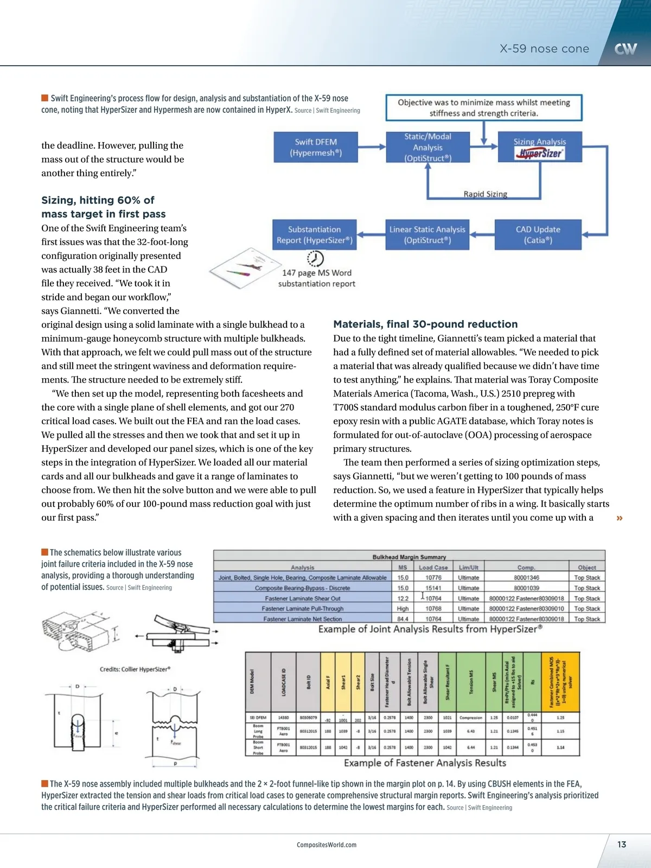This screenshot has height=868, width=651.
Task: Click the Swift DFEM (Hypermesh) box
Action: click(316, 147)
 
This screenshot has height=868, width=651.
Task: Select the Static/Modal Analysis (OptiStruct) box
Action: click(427, 147)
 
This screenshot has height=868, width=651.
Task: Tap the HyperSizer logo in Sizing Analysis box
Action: click(540, 154)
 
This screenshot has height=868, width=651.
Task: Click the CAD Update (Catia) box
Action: click(538, 234)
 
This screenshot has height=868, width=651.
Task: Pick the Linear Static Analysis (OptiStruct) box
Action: click(427, 234)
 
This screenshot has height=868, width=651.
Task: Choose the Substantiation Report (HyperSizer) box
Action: click(314, 234)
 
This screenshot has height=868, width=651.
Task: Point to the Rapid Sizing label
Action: click(485, 194)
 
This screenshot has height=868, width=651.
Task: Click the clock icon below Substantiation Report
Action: click(315, 258)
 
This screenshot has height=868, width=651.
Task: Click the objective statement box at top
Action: click(483, 107)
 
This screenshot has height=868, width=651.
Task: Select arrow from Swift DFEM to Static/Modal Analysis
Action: click(372, 147)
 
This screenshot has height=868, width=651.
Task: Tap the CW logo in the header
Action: click(626, 49)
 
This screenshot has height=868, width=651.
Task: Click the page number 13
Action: click(622, 844)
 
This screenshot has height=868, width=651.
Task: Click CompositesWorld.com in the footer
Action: click(327, 845)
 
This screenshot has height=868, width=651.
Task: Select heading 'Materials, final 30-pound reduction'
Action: click(425, 324)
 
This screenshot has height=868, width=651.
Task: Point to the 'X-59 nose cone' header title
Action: click(544, 49)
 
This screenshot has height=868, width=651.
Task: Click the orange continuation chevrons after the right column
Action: click(620, 518)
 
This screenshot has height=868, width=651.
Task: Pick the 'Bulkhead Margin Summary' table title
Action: click(409, 557)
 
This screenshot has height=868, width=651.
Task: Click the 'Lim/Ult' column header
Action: click(468, 567)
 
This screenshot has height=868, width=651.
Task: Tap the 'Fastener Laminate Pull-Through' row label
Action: click(302, 609)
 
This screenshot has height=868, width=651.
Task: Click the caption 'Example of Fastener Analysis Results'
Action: click(425, 763)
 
